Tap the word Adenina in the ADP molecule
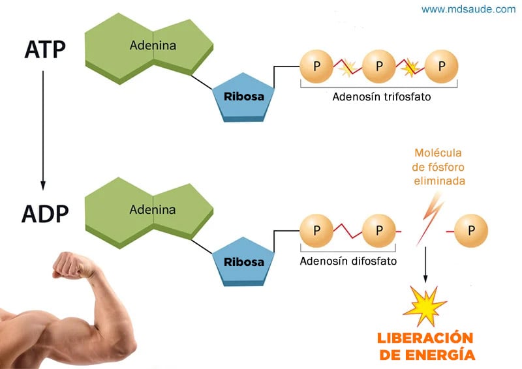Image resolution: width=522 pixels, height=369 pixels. (x=152, y=210)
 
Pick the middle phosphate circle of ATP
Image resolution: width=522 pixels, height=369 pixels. (x=379, y=66)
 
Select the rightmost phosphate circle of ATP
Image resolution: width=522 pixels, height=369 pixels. (x=441, y=66)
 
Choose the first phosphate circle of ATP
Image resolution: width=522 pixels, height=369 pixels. (x=317, y=66)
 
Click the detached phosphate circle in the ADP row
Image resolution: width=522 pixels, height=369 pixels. (x=470, y=231)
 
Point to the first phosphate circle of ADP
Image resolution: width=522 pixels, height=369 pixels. (x=317, y=231)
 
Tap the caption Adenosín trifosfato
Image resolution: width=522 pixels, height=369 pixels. (x=378, y=97)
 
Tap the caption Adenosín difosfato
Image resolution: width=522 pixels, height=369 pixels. (x=348, y=261)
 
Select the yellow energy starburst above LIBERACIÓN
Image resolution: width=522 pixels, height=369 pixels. (x=425, y=304)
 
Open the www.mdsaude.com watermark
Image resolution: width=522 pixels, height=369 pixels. (x=468, y=9)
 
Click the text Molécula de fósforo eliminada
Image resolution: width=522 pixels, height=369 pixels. (x=439, y=167)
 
